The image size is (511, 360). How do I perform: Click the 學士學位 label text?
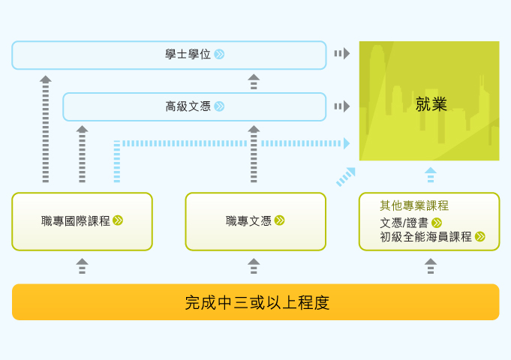(x=188, y=54)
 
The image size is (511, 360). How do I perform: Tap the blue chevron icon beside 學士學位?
(x=220, y=54)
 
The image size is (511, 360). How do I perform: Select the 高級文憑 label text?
(x=188, y=106)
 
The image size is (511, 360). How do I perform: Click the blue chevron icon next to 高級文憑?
(x=220, y=106)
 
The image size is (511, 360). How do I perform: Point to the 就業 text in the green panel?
(x=431, y=104)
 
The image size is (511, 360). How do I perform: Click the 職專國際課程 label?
(x=76, y=221)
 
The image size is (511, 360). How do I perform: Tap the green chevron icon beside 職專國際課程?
(x=118, y=220)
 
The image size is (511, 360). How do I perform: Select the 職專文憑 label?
(x=248, y=221)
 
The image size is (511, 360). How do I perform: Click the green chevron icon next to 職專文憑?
(x=279, y=220)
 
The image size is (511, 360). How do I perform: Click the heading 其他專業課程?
(x=414, y=205)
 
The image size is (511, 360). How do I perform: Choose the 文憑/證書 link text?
(x=404, y=223)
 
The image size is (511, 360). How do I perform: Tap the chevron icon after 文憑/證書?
(x=437, y=223)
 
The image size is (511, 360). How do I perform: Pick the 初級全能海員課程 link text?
(x=425, y=237)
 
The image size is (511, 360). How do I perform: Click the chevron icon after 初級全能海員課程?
(x=480, y=236)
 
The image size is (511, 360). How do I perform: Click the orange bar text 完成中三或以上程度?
(x=257, y=302)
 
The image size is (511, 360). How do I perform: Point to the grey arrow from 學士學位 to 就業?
(x=342, y=53)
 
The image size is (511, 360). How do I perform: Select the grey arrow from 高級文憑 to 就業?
(x=342, y=106)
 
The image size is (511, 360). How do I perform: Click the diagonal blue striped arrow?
(x=346, y=177)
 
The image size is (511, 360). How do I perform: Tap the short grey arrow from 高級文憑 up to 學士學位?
(x=254, y=82)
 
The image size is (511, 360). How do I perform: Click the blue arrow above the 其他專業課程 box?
(x=431, y=175)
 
